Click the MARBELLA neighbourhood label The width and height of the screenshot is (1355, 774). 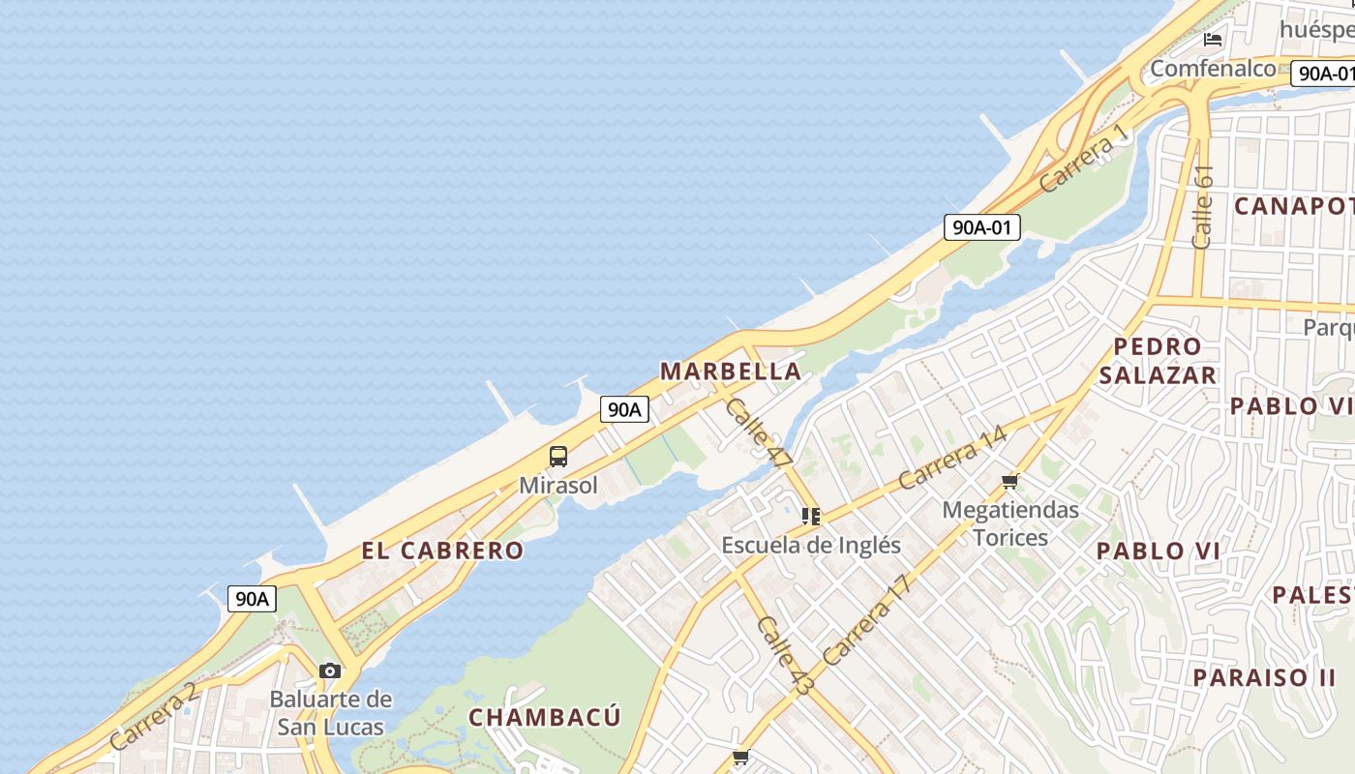coord(731,371)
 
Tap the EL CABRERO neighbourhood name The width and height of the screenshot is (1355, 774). coord(442,551)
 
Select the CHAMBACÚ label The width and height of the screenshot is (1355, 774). coord(545,717)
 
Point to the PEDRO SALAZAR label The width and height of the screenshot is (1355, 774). coord(1158,361)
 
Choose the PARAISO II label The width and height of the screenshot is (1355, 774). coord(1264,677)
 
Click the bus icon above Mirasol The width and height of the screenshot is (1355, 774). coord(558,457)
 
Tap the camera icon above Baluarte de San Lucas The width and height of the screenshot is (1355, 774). coord(330,670)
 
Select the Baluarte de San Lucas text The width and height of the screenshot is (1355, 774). coord(331,713)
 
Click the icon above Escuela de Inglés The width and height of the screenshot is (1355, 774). coord(811,517)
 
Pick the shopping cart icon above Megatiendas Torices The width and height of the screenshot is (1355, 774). coord(1010,481)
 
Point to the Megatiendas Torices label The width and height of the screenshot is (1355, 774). coord(1010,522)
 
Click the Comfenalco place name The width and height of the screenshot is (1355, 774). coord(1213,69)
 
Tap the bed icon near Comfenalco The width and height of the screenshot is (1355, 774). coord(1213,40)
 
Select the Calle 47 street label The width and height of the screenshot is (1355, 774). coord(758,432)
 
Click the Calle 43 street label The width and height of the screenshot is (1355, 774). coord(785,655)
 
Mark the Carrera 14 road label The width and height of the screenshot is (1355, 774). coord(952,457)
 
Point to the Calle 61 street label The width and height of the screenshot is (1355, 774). coord(1203,207)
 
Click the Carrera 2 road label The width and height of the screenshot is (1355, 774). coord(155,716)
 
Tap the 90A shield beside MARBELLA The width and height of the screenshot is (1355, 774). coord(624,409)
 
